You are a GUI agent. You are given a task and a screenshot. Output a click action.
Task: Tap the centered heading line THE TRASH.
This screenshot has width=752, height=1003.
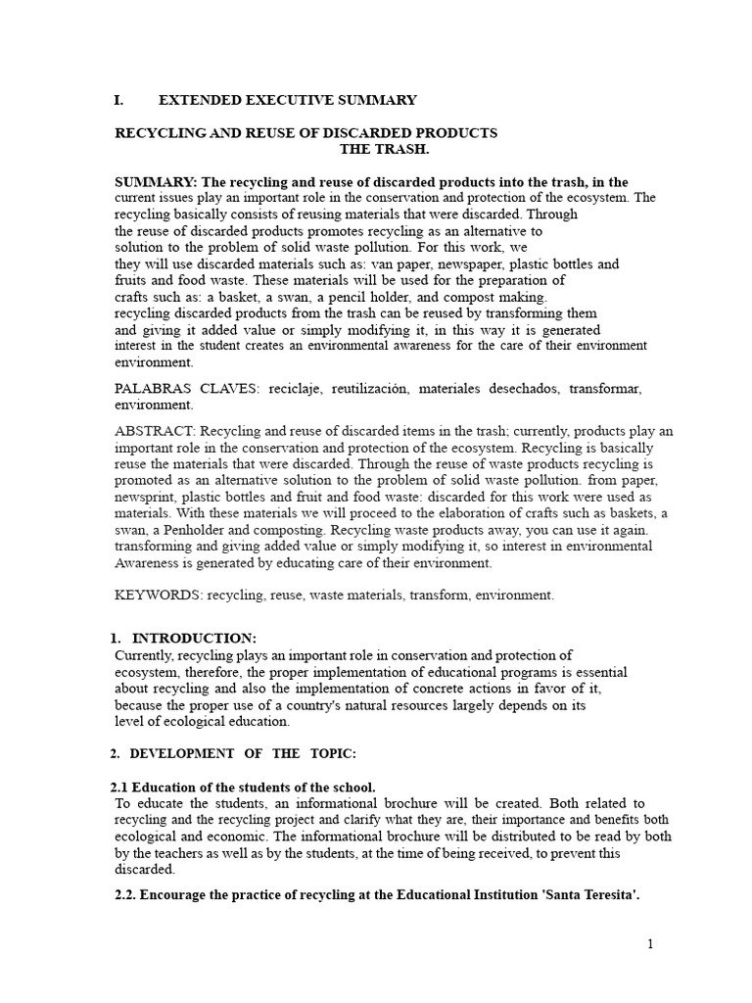coord(384,149)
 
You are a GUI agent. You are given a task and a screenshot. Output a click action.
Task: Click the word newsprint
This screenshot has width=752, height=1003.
coord(147,499)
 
